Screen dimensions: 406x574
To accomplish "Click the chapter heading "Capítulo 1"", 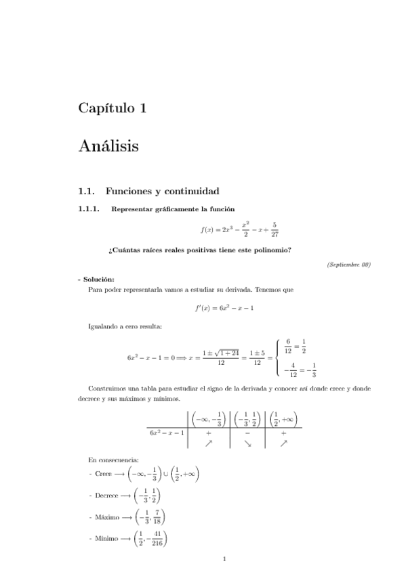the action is coord(113,108).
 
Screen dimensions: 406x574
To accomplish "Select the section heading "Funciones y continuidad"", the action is coord(163,192).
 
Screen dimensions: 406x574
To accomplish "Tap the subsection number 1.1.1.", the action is coord(89,209).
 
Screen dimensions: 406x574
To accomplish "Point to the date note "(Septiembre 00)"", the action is coord(348,264).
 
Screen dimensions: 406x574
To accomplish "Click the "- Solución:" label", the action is coord(96,279).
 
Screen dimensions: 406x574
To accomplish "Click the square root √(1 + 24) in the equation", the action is coord(226,353).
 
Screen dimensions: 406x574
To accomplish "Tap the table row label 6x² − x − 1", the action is coord(167,431).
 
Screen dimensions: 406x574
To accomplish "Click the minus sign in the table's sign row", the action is coord(247,431).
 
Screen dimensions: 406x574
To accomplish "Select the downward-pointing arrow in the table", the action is coord(247,443).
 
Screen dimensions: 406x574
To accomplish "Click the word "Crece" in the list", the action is coord(104,474).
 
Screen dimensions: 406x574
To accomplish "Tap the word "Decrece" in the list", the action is coord(107,496).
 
